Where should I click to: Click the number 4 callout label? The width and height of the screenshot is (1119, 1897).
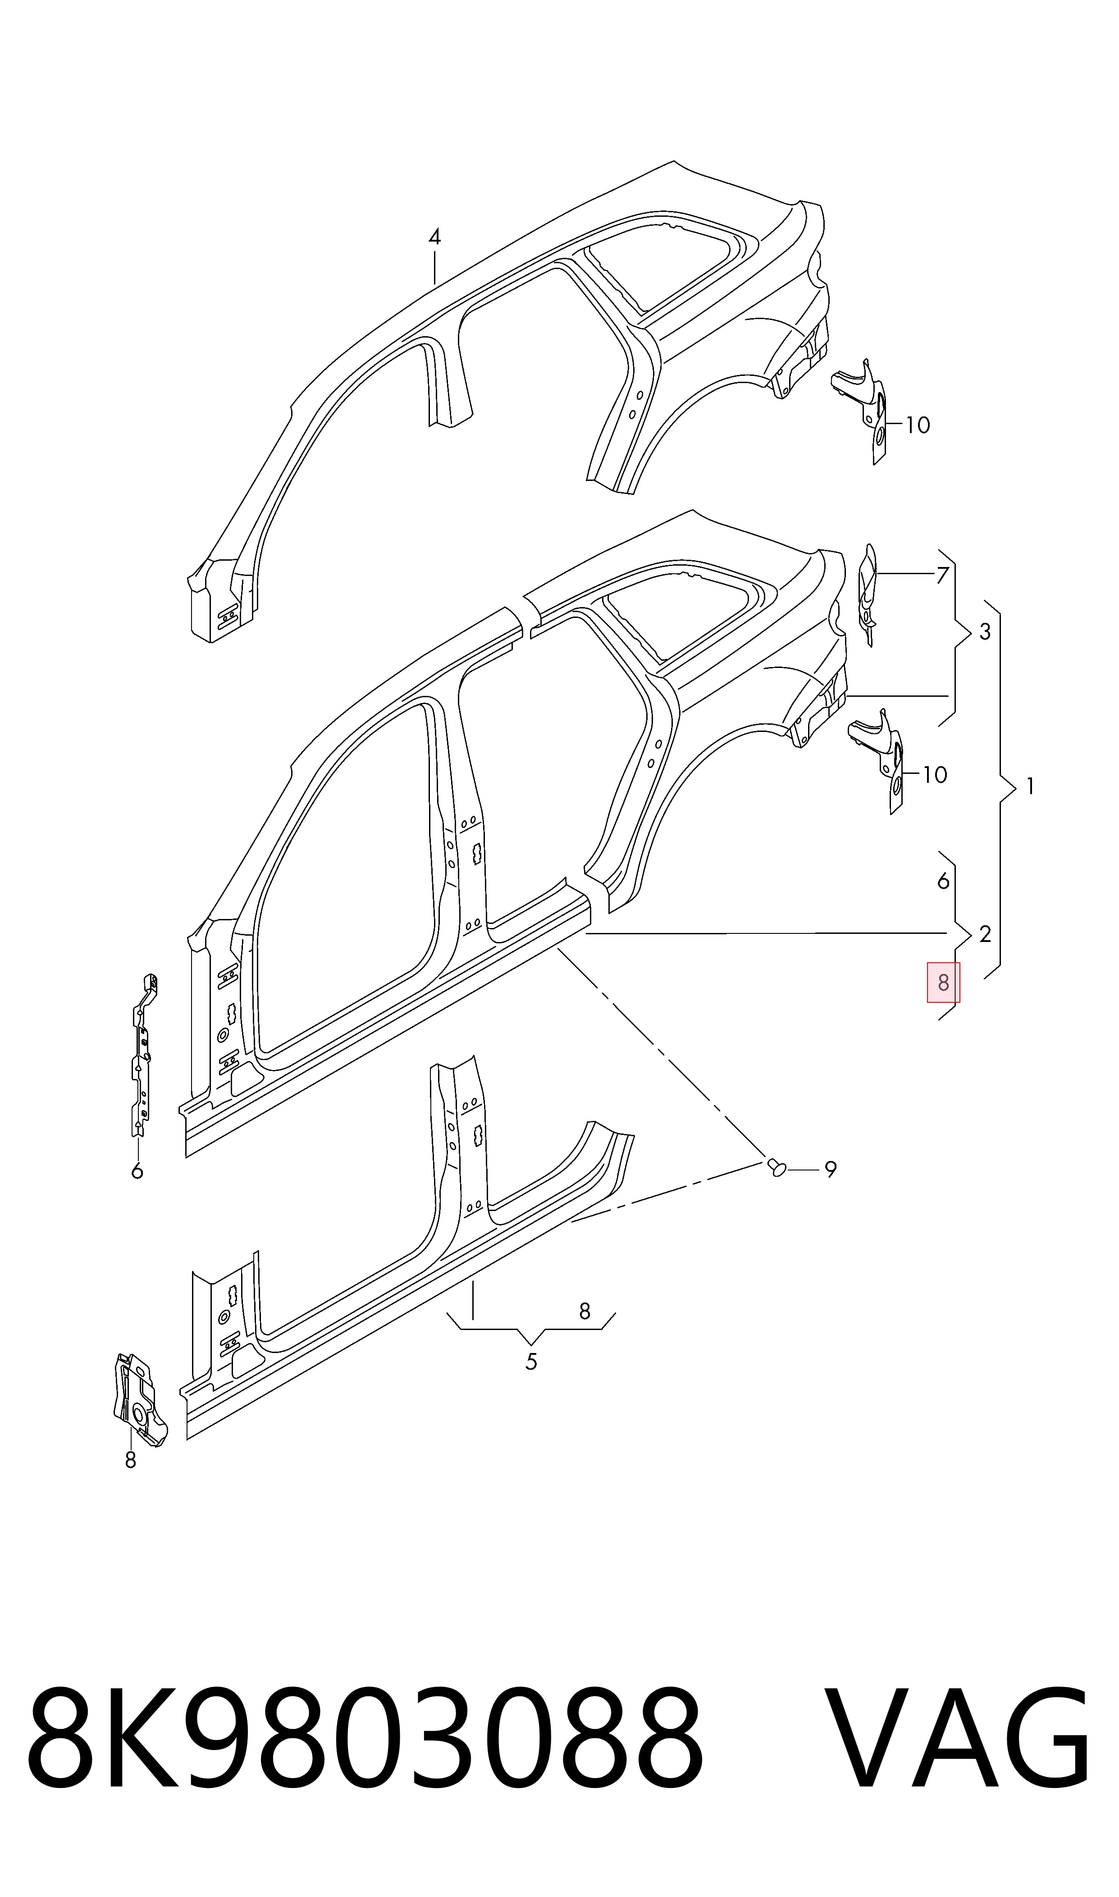pos(434,238)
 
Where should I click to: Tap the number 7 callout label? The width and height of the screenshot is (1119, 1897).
pos(942,575)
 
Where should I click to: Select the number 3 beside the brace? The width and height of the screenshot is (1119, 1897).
pos(985,632)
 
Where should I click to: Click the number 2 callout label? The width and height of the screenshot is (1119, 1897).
pos(985,935)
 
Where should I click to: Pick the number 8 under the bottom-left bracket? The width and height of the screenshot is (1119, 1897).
pos(130,1460)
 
